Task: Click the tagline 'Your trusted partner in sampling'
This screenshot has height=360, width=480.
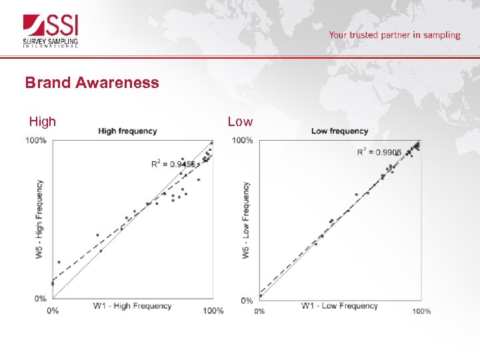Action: (394, 35)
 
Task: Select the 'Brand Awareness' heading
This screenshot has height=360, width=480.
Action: (92, 83)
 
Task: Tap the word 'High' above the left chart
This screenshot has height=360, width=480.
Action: (43, 121)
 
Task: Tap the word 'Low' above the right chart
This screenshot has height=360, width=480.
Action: (240, 121)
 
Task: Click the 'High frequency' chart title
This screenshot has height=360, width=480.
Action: (127, 131)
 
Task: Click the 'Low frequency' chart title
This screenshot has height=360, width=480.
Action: (339, 131)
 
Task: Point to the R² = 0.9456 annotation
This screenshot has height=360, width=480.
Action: (173, 164)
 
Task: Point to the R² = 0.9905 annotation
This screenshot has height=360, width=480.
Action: (379, 153)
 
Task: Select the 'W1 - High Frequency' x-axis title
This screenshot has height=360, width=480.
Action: (132, 306)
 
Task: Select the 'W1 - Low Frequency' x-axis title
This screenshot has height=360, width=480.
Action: (339, 306)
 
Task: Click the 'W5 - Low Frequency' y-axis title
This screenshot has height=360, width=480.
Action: (246, 221)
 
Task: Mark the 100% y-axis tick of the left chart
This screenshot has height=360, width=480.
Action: (36, 141)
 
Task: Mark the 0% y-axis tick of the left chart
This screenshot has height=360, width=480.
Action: (41, 299)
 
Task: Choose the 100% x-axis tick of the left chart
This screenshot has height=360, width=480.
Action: (213, 311)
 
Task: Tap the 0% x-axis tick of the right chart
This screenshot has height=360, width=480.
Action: (259, 311)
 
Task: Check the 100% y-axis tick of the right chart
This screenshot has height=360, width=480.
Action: (242, 141)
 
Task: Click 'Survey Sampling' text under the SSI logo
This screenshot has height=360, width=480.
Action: (51, 41)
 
